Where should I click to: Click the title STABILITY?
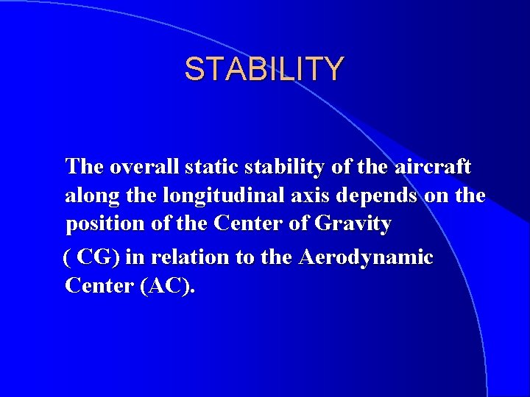264,69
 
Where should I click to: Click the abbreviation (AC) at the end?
168,285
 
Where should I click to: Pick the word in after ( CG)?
135,257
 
